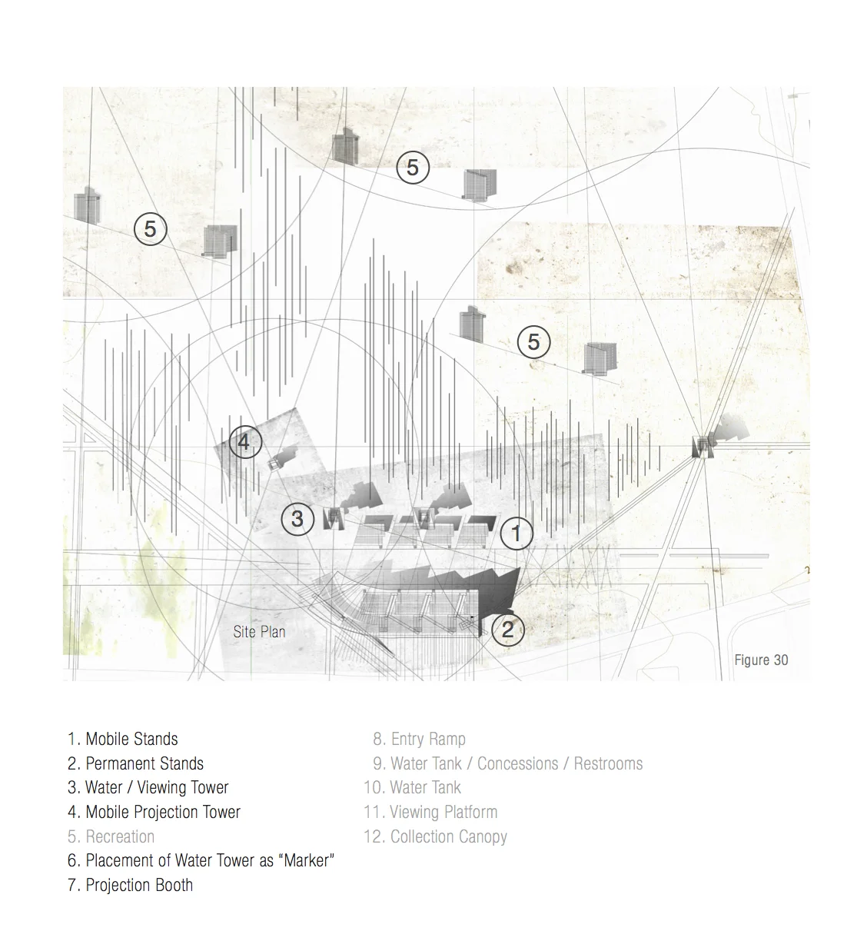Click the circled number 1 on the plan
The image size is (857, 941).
(x=517, y=533)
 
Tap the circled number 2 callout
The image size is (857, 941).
(x=507, y=630)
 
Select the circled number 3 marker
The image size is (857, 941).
(x=297, y=519)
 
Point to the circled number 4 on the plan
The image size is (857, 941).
(x=245, y=443)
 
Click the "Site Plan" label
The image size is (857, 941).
(x=259, y=632)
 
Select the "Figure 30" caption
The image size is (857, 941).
(x=761, y=660)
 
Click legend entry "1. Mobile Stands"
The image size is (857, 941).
(x=123, y=740)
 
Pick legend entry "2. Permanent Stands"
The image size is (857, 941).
(x=135, y=764)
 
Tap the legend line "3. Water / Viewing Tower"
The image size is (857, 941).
(x=148, y=788)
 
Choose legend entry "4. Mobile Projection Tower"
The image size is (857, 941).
(x=154, y=813)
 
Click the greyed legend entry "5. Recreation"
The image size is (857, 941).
(x=111, y=837)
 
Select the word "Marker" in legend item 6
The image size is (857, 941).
(x=307, y=861)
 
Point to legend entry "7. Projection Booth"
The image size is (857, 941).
(x=130, y=886)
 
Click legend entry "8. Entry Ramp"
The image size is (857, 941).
(x=420, y=740)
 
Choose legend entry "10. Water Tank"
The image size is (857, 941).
(x=413, y=788)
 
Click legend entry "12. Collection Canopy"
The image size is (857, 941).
(x=435, y=837)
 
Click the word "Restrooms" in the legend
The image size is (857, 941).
(x=608, y=764)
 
